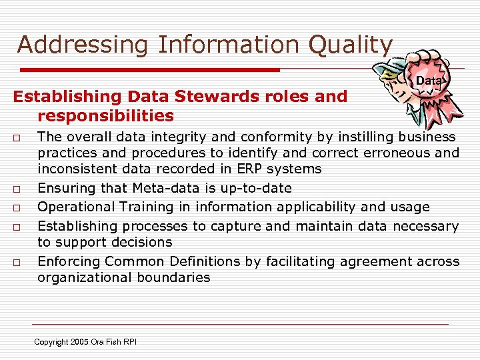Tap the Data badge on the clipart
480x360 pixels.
(x=429, y=81)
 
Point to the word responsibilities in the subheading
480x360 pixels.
(x=105, y=117)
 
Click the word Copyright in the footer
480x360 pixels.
(x=51, y=342)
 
